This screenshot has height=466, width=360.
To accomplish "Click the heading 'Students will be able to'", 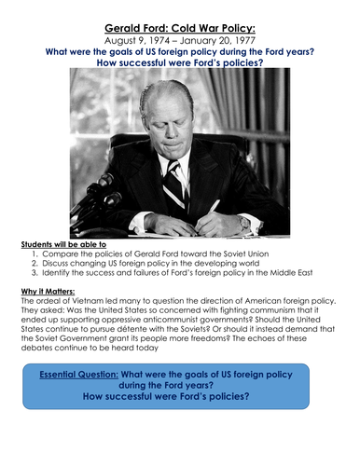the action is point(62,244).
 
